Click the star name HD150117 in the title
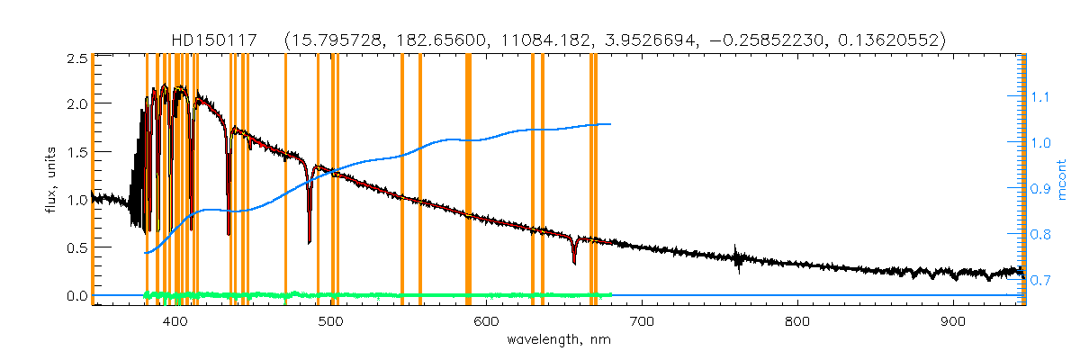point(215,40)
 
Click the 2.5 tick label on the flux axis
point(76,58)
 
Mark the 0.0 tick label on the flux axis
point(76,295)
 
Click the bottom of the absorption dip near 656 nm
point(574,263)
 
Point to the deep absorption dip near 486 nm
point(310,241)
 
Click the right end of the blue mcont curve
point(611,124)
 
